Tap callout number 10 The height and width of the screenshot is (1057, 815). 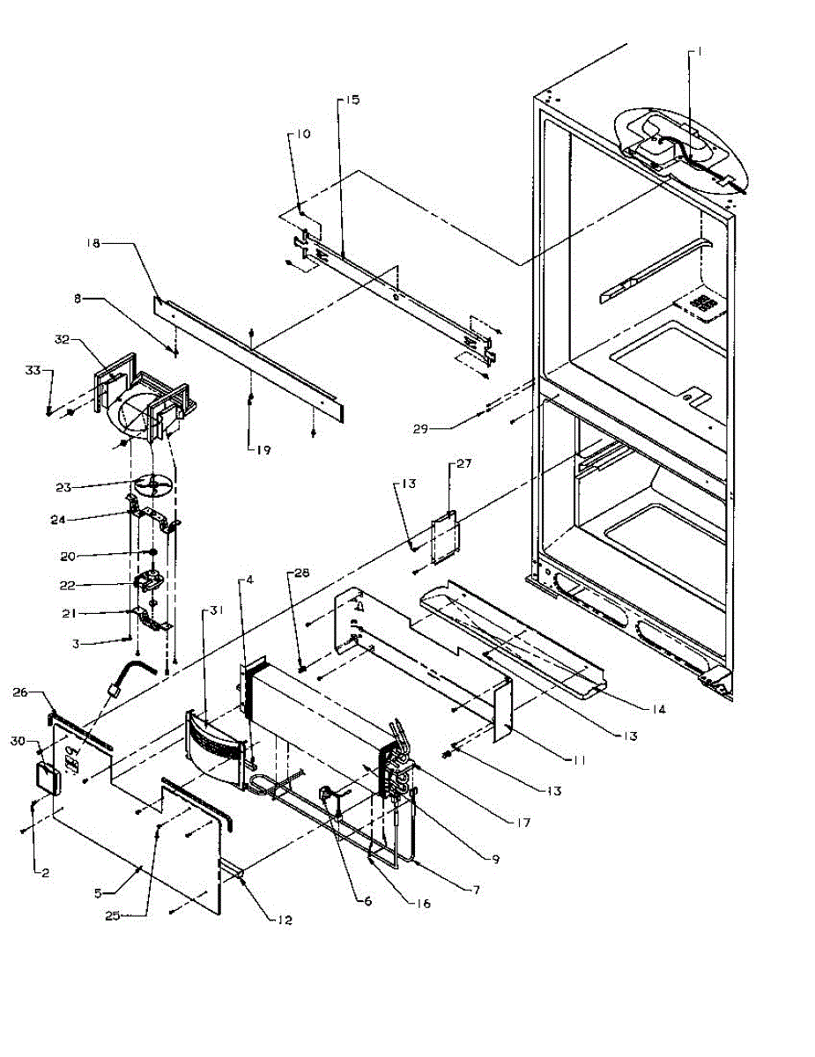[302, 135]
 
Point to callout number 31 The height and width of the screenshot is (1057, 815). [214, 612]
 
